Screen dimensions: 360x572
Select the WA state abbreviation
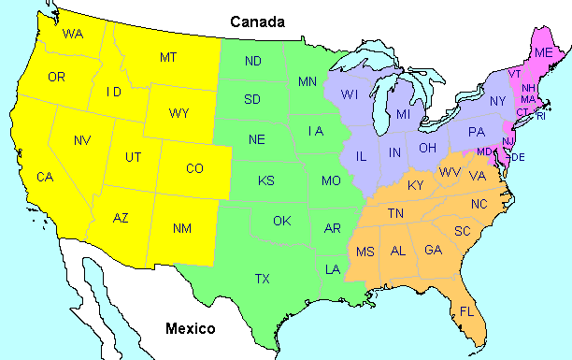point(73,34)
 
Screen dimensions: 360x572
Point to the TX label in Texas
point(264,278)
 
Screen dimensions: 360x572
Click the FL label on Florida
point(467,311)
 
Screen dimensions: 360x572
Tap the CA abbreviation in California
point(45,176)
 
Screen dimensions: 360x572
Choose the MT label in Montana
point(168,58)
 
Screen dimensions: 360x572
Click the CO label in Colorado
point(194,168)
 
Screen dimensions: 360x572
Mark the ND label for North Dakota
point(253,62)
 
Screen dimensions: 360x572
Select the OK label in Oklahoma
point(282,221)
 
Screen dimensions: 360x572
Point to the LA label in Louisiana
point(333,269)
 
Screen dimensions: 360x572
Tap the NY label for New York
point(497,100)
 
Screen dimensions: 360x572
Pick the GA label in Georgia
point(434,250)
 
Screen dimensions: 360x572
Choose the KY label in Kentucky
point(416,185)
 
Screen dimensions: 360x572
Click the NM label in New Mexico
point(182,227)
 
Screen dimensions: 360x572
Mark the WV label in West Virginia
point(450,172)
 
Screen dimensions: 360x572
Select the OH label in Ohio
point(427,148)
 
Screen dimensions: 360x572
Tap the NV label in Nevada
point(82,140)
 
